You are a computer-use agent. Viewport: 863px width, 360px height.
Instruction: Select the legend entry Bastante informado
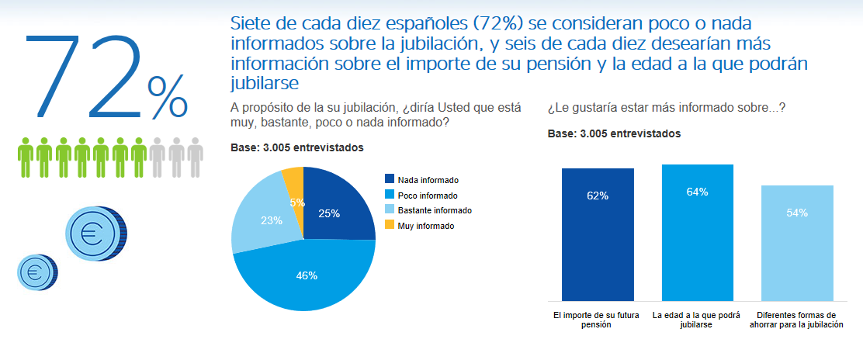coord(429,210)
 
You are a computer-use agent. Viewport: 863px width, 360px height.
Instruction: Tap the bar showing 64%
coord(697,233)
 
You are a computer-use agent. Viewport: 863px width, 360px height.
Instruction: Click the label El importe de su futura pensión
coord(598,320)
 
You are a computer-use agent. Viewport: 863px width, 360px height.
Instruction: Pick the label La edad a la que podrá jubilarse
coord(697,320)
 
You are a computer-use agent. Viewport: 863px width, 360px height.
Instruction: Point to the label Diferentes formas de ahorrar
coord(797,320)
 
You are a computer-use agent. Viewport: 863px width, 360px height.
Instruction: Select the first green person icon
coord(26,157)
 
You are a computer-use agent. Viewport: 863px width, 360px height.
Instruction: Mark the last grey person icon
coord(195,157)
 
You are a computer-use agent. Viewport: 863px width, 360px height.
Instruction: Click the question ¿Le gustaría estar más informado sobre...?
coord(666,108)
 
